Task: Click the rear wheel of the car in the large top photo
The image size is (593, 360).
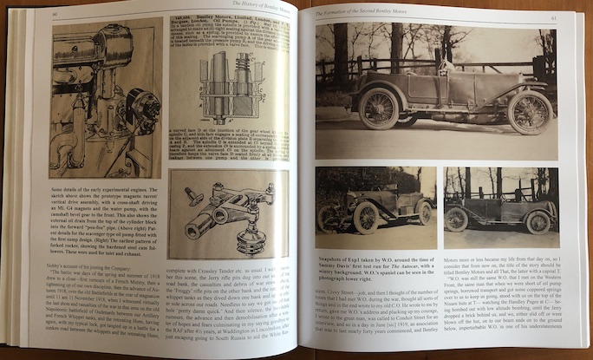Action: tap(379, 108)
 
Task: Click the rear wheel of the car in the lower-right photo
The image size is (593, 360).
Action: tap(457, 219)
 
